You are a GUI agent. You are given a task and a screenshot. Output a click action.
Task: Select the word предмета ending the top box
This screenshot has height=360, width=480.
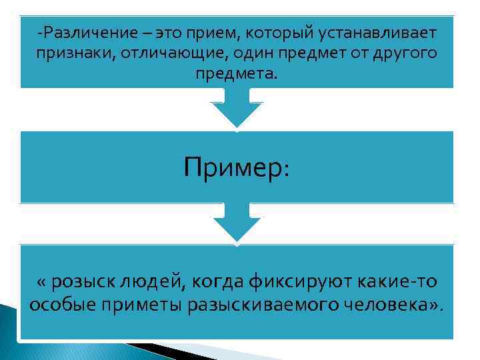(x=233, y=73)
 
